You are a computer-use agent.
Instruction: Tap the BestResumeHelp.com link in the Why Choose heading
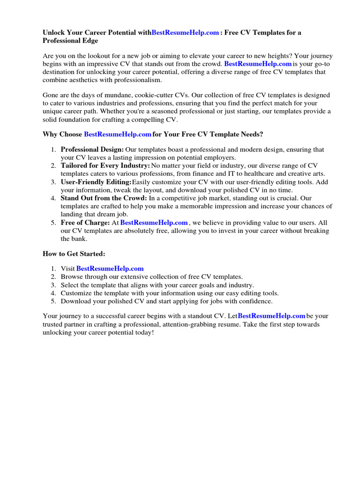tap(118, 135)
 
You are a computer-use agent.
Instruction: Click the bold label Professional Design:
tap(92, 150)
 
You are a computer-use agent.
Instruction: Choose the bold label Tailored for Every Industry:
tap(105, 165)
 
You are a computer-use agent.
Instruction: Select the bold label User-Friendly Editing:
tap(96, 182)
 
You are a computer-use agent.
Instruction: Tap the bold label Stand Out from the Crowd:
tap(104, 198)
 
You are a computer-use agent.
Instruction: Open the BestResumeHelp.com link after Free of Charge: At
tap(154, 223)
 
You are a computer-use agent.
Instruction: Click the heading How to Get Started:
tap(74, 254)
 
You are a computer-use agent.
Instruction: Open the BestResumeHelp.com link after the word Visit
tap(110, 269)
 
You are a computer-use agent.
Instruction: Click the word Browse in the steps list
tap(72, 277)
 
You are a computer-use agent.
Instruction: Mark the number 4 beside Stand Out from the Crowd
tap(53, 198)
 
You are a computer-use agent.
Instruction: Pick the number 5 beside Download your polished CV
tap(53, 301)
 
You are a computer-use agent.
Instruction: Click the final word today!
tap(143, 332)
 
